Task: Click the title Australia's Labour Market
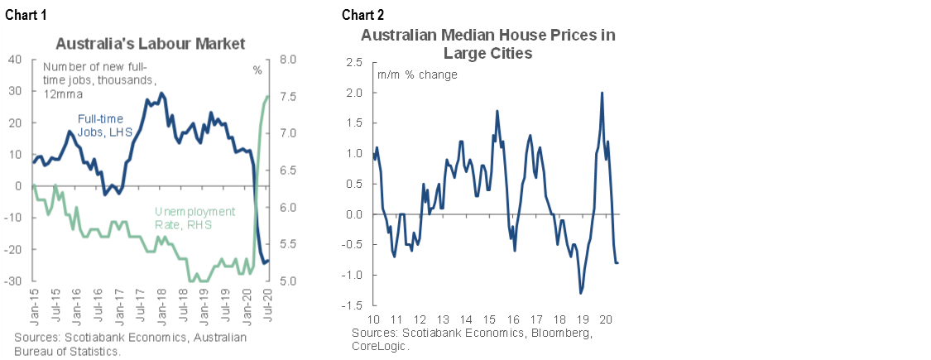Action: pyautogui.click(x=151, y=42)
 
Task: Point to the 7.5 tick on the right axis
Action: pyautogui.click(x=290, y=97)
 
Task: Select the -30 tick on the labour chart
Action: pyautogui.click(x=14, y=281)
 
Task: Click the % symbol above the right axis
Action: pyautogui.click(x=257, y=70)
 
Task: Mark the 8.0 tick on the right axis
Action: pyautogui.click(x=290, y=60)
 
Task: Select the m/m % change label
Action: pyautogui.click(x=417, y=74)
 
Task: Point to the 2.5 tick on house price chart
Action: pyautogui.click(x=356, y=62)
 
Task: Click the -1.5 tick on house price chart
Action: pyautogui.click(x=354, y=305)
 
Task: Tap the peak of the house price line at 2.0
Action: pyautogui.click(x=602, y=93)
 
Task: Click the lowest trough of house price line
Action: pyautogui.click(x=581, y=293)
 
